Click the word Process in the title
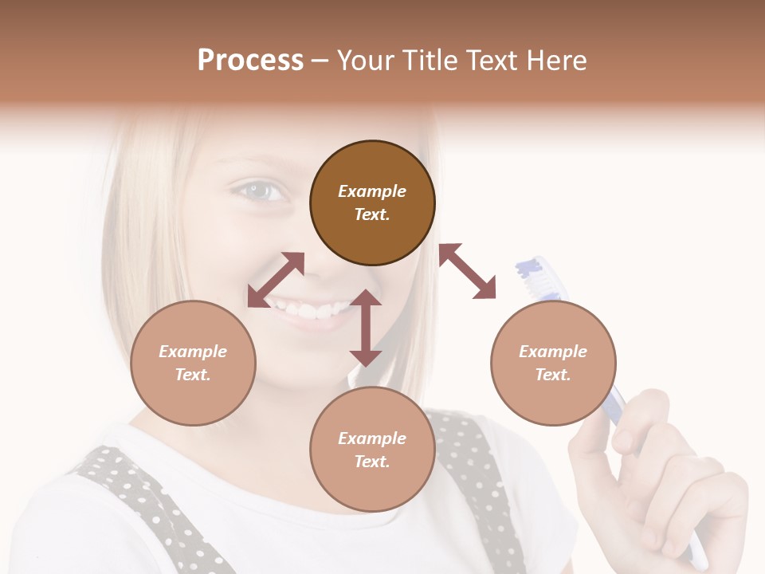click(250, 61)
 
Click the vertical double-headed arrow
click(366, 328)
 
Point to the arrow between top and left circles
click(276, 279)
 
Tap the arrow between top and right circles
click(467, 271)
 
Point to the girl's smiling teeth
click(307, 309)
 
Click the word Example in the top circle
click(372, 191)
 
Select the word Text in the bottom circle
click(371, 462)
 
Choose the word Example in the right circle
click(553, 352)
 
